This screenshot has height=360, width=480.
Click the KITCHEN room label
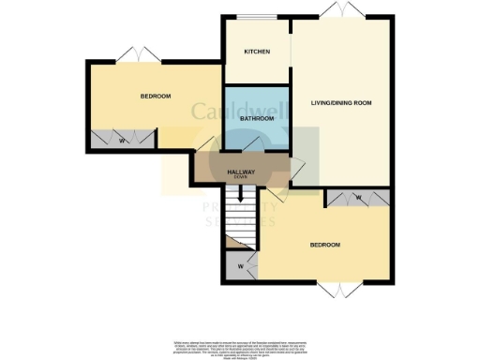(257, 52)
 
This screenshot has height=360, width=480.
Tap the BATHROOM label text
(256, 119)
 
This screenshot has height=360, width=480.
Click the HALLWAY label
(243, 171)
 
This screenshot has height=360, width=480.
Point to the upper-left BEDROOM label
(155, 96)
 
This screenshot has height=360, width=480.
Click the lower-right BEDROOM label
(324, 245)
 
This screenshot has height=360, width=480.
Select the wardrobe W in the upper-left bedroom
(124, 142)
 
